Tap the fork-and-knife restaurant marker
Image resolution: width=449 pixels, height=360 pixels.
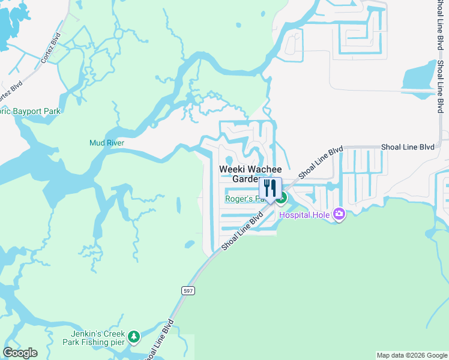[270, 188]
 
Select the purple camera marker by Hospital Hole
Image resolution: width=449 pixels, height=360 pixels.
[339, 214]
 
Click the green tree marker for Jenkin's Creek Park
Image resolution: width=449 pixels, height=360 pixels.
[134, 337]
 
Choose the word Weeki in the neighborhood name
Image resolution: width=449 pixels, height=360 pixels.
[232, 169]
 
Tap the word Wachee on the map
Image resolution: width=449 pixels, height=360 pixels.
[265, 169]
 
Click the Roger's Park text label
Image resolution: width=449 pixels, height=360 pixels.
[244, 199]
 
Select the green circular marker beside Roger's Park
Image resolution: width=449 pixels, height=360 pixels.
[282, 198]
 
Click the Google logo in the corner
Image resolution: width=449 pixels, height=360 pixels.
[20, 353]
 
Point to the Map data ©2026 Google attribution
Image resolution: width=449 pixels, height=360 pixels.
[411, 355]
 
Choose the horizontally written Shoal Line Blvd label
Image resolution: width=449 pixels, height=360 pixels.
[409, 147]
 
